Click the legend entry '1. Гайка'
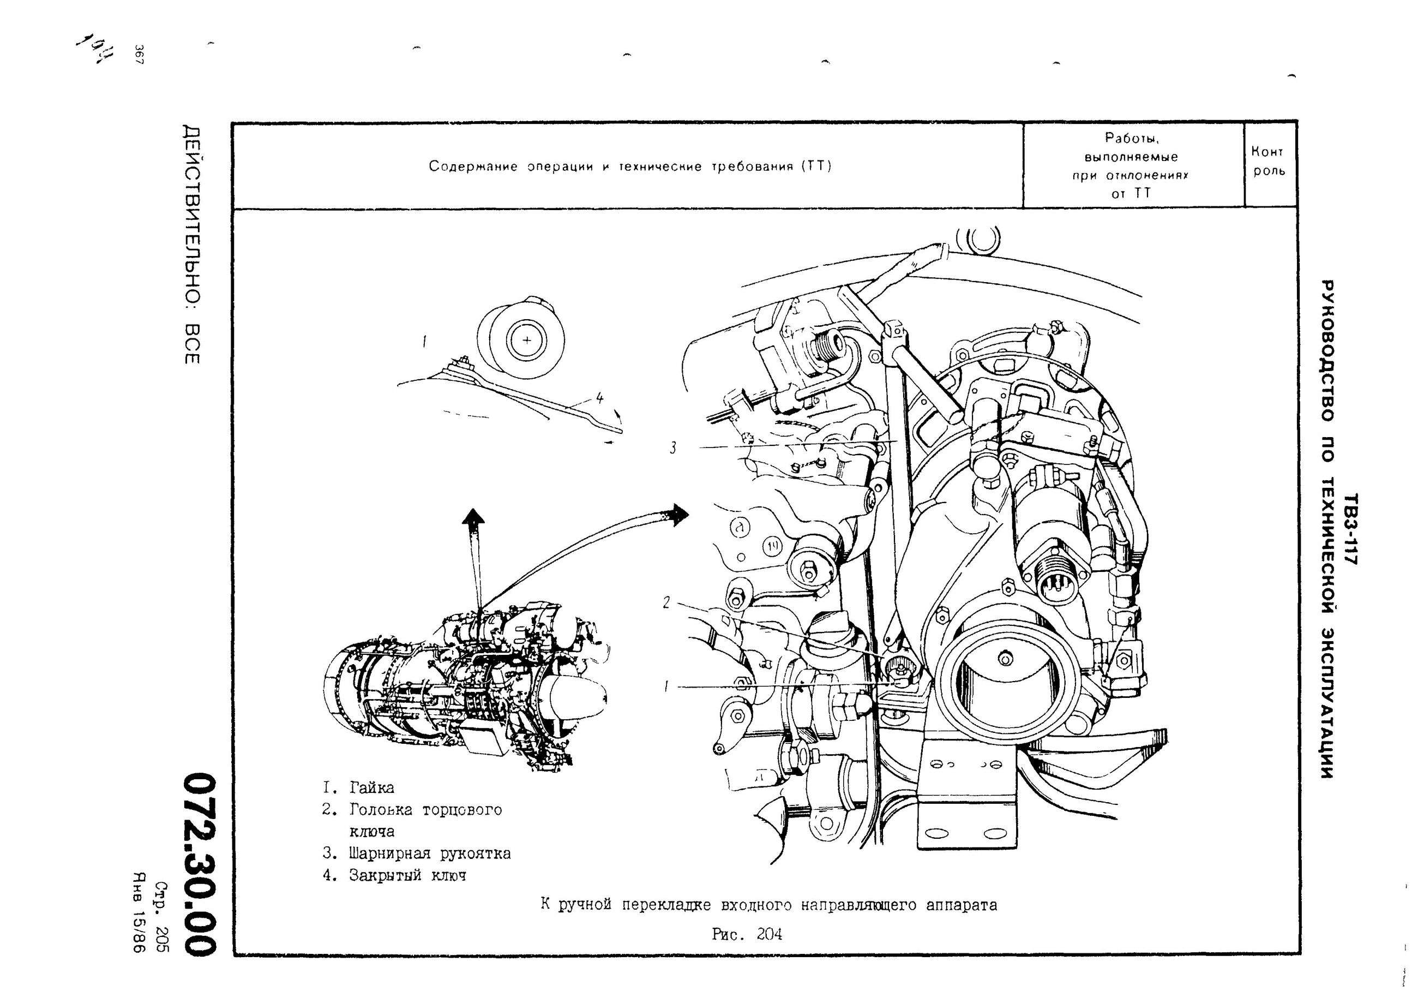click(x=358, y=788)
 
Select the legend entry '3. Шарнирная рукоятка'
click(x=417, y=853)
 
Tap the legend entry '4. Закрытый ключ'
click(x=395, y=875)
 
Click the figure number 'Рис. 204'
click(x=747, y=934)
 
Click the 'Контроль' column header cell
click(x=1269, y=162)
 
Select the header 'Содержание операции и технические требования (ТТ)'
click(x=630, y=166)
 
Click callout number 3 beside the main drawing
click(x=673, y=447)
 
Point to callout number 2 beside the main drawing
click(x=666, y=602)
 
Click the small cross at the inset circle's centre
click(x=526, y=340)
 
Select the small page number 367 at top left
click(x=139, y=55)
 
